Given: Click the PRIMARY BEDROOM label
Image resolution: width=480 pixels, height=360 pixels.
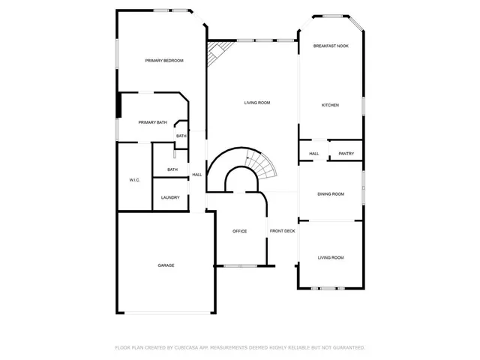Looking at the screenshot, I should pos(164,61).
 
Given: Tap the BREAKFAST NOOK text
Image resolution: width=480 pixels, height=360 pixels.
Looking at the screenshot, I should pos(330,46).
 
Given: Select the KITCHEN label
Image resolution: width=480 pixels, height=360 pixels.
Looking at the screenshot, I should pos(330,105).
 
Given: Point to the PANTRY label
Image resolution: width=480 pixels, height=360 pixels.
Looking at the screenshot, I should pos(346,154).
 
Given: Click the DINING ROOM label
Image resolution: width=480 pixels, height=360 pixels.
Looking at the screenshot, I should pos(331,194).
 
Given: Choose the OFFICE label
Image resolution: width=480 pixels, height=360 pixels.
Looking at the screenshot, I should pos(239,231).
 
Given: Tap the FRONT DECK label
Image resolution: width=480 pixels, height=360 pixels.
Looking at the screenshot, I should pos(283,231).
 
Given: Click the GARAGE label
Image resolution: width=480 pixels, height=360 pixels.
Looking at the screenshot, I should pos(166,265).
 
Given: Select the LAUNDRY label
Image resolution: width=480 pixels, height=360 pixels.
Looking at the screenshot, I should pos(170,198).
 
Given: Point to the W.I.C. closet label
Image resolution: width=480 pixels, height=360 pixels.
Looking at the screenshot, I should pos(135,180).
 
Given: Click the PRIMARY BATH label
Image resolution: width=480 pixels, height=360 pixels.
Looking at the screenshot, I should pos(152,122).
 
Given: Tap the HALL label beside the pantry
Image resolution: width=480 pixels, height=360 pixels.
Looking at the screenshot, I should pos(313,154).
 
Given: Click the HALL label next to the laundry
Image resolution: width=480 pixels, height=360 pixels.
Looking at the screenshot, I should pos(197,175).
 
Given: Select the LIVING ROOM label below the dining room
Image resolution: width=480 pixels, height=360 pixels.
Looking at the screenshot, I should pos(331,257).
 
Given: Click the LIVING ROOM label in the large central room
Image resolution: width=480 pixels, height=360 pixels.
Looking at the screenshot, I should pos(257,103).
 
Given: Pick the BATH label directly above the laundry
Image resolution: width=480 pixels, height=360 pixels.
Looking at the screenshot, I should pos(172,169).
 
